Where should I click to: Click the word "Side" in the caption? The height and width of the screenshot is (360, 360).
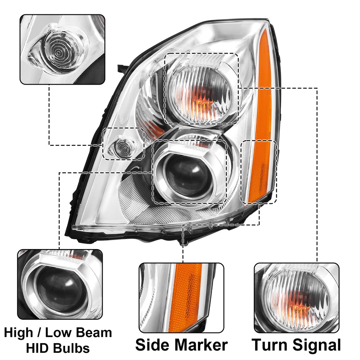pyautogui.click(x=152, y=345)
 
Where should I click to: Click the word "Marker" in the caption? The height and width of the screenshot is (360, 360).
pyautogui.click(x=200, y=345)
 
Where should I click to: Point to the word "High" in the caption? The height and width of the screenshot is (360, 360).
pyautogui.click(x=19, y=333)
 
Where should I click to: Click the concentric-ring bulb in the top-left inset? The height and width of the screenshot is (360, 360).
pyautogui.click(x=59, y=53)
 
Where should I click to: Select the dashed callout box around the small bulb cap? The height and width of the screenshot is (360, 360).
pyautogui.click(x=123, y=144)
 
